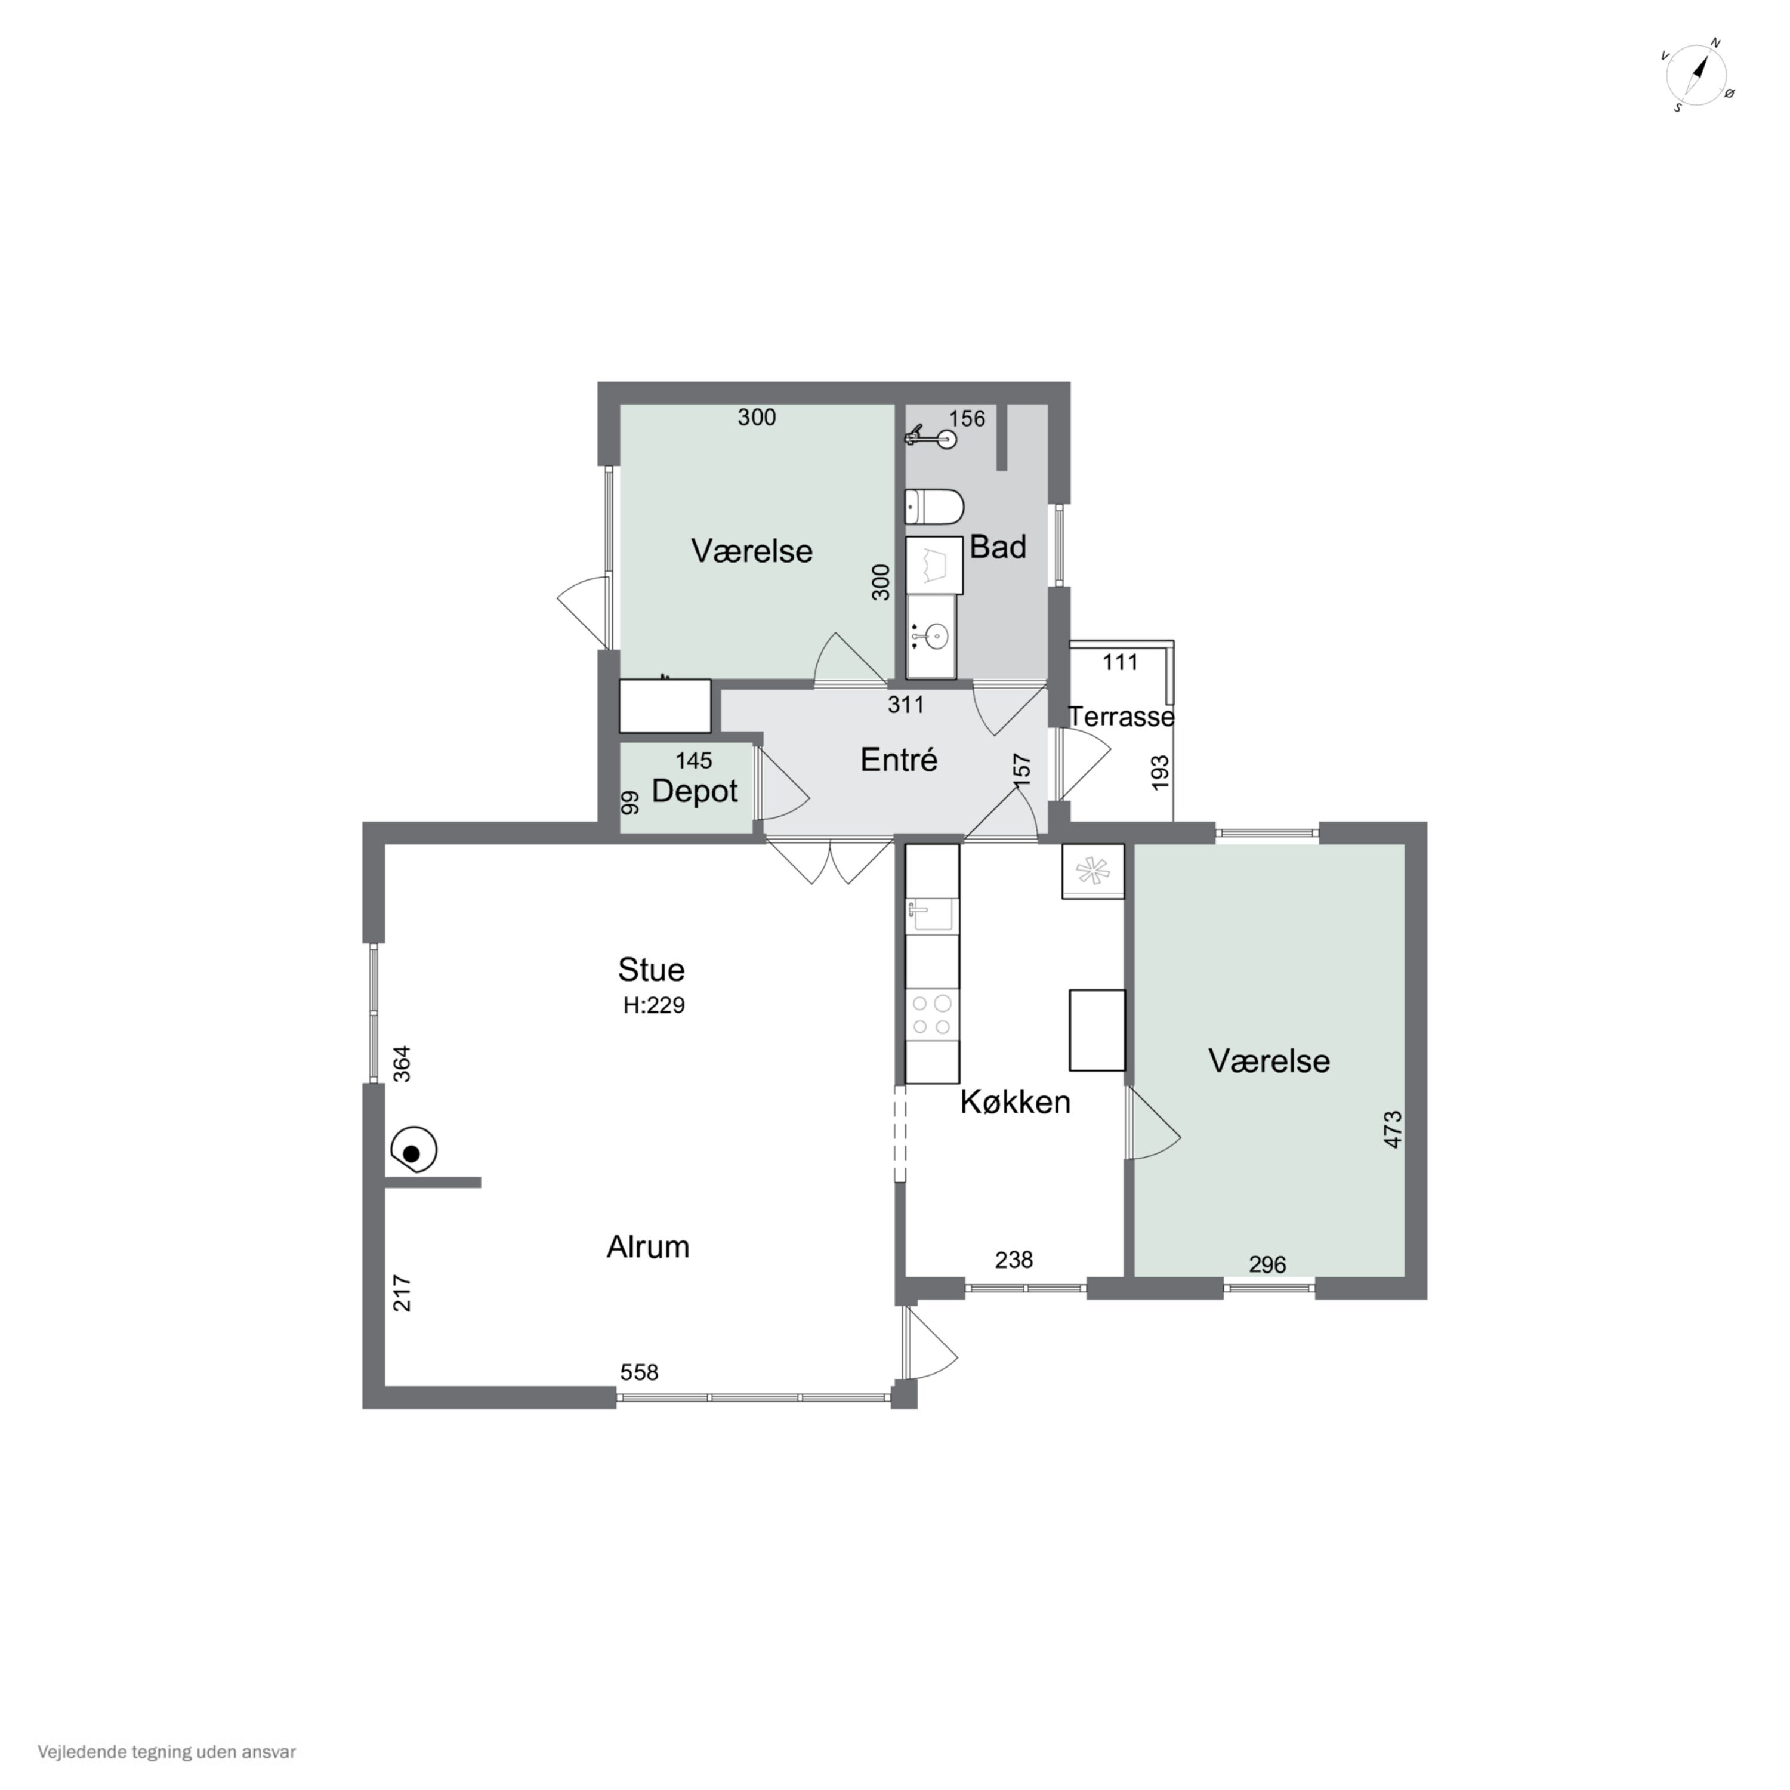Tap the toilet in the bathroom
pyautogui.click(x=934, y=507)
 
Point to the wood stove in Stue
pyautogui.click(x=414, y=1151)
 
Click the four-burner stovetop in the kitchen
pyautogui.click(x=932, y=1014)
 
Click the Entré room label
pyautogui.click(x=899, y=760)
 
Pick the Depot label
pyautogui.click(x=695, y=791)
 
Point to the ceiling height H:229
pyautogui.click(x=654, y=1005)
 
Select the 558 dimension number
pyautogui.click(x=639, y=1372)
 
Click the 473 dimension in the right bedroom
pyautogui.click(x=1393, y=1129)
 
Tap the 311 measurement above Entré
pyautogui.click(x=906, y=705)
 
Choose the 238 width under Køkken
pyautogui.click(x=1014, y=1260)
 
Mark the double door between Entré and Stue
pyautogui.click(x=829, y=860)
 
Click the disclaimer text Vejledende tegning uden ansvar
pyautogui.click(x=167, y=1752)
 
